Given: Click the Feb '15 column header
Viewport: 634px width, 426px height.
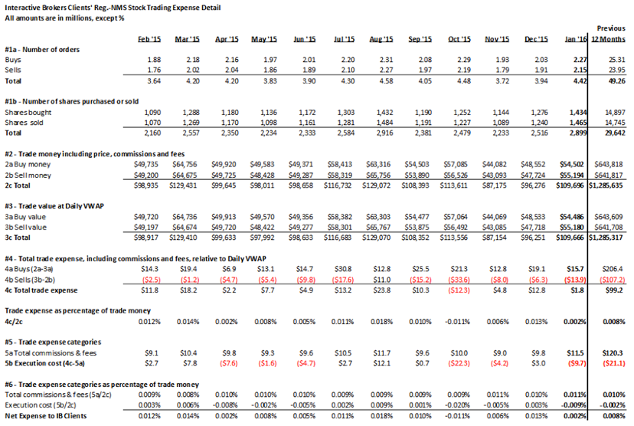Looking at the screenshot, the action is click(x=149, y=39).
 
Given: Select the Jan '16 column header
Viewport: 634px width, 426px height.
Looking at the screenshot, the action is click(x=575, y=39).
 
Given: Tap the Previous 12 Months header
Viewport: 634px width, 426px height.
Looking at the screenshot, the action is click(x=608, y=34).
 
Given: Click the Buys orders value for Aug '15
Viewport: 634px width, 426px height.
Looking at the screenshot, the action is click(x=386, y=60).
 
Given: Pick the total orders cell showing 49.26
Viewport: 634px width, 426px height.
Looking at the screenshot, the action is click(x=617, y=81).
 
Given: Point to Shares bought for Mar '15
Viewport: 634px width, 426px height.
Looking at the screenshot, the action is click(x=191, y=113).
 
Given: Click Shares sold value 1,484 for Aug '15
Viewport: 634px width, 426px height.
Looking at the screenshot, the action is click(x=384, y=123).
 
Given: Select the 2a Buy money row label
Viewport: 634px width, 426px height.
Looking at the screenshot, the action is click(x=28, y=165).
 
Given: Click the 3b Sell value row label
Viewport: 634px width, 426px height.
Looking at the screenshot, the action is click(x=25, y=228).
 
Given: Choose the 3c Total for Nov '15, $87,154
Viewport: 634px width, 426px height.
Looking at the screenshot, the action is click(x=495, y=238).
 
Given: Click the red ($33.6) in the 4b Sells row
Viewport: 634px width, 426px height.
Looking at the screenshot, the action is click(x=459, y=280).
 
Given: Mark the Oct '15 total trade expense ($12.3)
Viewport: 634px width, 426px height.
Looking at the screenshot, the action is click(x=459, y=290).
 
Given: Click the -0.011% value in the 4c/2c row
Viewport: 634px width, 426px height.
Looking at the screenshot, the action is click(x=458, y=322).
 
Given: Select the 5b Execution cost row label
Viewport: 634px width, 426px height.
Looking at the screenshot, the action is click(x=45, y=363).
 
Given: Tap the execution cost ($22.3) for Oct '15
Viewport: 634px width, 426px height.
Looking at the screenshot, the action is click(x=459, y=363).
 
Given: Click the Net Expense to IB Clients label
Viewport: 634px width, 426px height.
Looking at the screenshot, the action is click(x=46, y=416).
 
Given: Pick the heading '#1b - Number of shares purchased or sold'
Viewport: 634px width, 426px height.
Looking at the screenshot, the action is click(x=71, y=102).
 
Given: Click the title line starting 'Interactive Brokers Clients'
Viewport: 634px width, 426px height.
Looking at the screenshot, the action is click(x=113, y=8).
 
